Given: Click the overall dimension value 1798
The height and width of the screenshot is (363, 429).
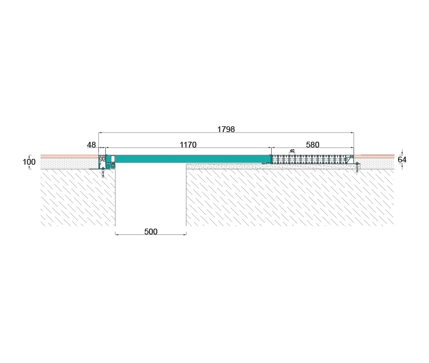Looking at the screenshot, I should (226, 130).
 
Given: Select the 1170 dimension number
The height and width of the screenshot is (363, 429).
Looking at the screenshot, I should (188, 145).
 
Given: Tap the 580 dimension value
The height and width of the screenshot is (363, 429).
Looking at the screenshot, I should (312, 145).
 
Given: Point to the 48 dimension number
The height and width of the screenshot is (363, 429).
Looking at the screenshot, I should (92, 145).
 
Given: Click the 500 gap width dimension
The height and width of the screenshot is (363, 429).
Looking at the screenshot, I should (150, 232).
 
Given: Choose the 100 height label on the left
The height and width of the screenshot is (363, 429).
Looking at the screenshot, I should (29, 162).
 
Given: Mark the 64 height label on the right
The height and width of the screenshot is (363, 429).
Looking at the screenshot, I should (402, 160).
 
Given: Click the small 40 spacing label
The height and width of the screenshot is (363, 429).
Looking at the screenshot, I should (292, 151).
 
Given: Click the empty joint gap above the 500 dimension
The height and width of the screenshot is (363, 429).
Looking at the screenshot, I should (150, 197).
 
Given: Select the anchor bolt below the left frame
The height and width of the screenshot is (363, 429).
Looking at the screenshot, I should (104, 173).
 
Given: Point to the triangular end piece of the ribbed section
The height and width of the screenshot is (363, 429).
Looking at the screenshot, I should (350, 158).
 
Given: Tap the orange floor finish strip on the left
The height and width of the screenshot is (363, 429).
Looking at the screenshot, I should (69, 156).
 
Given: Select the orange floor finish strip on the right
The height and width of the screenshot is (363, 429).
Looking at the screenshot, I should (374, 156).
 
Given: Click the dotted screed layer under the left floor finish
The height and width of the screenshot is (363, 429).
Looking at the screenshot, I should (69, 163).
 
